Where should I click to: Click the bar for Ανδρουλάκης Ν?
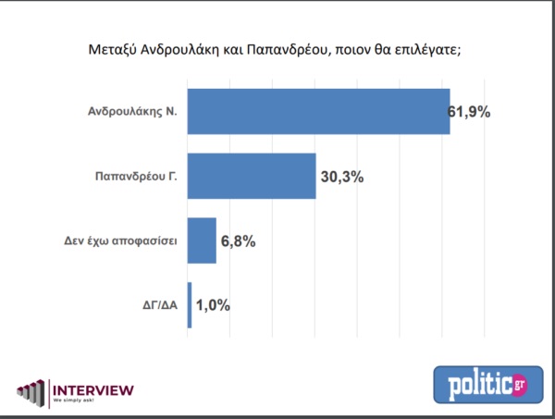318,112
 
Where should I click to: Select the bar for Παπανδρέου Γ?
252,176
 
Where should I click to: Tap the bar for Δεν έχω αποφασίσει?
202,240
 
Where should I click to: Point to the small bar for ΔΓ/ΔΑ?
190,305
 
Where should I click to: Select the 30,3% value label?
341,176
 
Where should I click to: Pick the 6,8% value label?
238,240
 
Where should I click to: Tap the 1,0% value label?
213,305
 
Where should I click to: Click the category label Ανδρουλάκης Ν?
136,112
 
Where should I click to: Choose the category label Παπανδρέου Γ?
136,176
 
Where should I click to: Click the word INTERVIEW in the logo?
92,389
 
